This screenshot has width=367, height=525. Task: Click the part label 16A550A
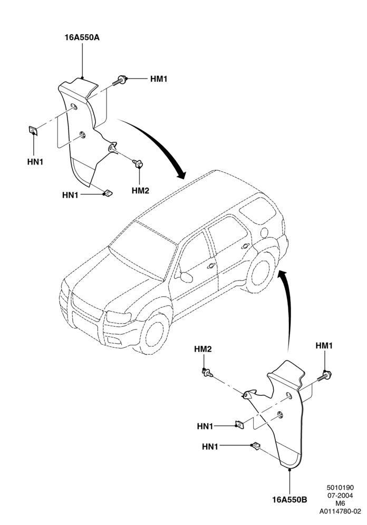82,37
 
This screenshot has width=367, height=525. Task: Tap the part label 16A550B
289,500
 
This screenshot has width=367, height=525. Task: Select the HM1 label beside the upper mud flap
158,79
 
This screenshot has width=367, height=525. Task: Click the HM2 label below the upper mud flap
140,191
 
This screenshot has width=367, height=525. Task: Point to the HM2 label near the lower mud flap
203,349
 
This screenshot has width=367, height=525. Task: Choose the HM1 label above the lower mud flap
324,346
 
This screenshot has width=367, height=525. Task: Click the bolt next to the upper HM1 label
120,80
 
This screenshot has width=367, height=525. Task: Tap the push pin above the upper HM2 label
138,164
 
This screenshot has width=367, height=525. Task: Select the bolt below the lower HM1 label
323,376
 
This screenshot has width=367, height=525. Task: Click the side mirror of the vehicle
186,277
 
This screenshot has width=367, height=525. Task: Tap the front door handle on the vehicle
211,266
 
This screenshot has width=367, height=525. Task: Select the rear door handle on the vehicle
245,247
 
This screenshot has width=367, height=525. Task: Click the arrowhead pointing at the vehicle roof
180,174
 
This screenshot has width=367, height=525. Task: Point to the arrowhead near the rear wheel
283,274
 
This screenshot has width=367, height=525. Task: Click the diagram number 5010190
340,488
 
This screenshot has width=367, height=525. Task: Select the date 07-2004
340,495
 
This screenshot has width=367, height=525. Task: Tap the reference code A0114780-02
340,511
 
